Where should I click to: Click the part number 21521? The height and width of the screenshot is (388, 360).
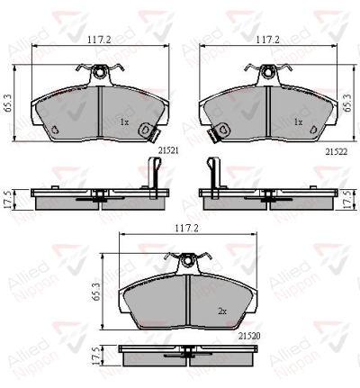pos(168,151)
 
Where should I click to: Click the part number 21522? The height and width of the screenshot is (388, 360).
pos(337,152)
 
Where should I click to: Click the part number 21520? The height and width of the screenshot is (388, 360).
pos(249,337)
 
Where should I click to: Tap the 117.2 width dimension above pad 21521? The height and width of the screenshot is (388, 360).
pos(100,40)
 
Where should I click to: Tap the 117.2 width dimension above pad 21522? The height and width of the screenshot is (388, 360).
pos(267,40)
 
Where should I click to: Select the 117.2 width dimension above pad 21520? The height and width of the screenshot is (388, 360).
pos(186,229)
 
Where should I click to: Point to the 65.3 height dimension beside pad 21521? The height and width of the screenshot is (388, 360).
pos(8,103)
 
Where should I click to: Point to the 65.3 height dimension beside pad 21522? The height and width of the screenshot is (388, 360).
pos(348,103)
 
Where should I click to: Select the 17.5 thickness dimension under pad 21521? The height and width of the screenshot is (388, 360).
pos(8,199)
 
